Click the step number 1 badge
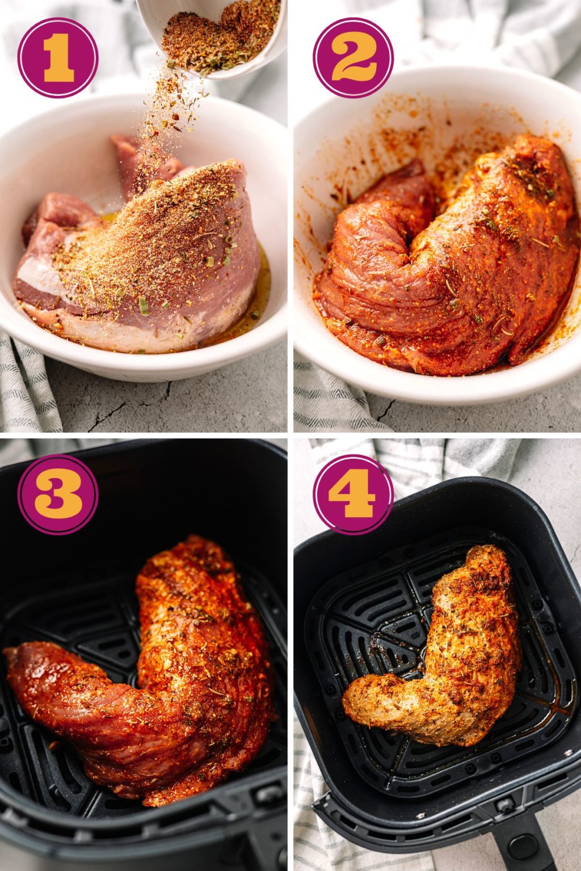pyautogui.click(x=58, y=57)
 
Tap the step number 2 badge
pyautogui.click(x=353, y=57)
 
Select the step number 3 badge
pyautogui.click(x=58, y=494)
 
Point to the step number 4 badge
pyautogui.click(x=353, y=494)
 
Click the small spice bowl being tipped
pyautogui.click(x=216, y=34)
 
